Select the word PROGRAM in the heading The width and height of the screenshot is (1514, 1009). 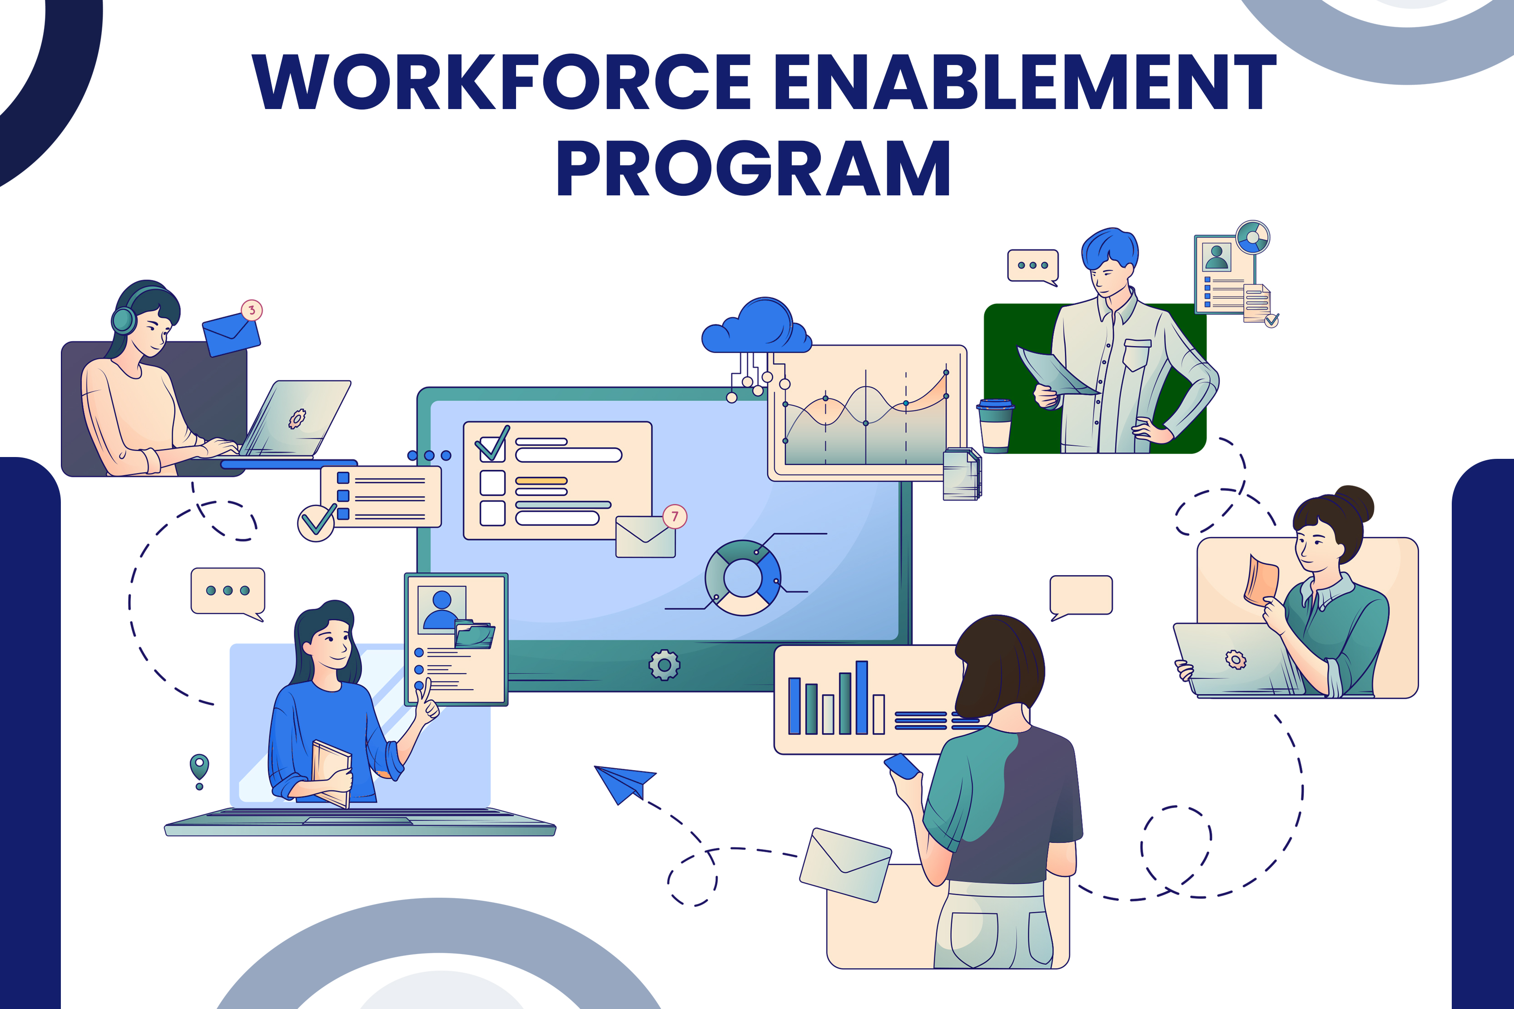753,169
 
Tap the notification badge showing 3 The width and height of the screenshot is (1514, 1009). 252,310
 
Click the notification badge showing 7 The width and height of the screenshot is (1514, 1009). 674,516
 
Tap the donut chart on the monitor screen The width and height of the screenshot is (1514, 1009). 743,578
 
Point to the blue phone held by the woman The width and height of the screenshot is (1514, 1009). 902,766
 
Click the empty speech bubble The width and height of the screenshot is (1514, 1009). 1081,595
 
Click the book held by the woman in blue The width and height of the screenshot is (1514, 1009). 331,772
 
